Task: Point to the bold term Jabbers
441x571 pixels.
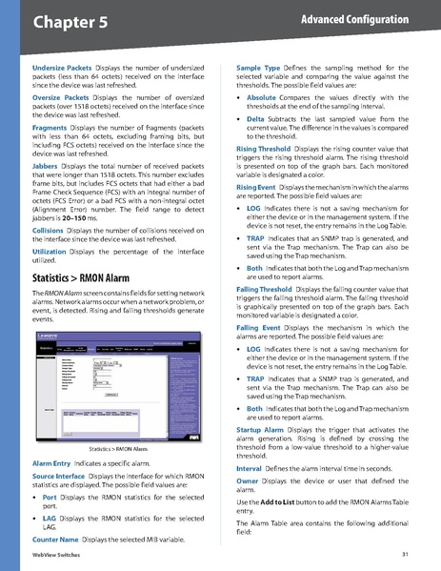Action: [35, 166]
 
